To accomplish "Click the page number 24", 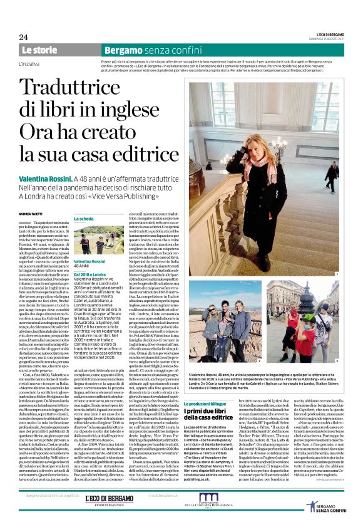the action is [23, 37].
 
